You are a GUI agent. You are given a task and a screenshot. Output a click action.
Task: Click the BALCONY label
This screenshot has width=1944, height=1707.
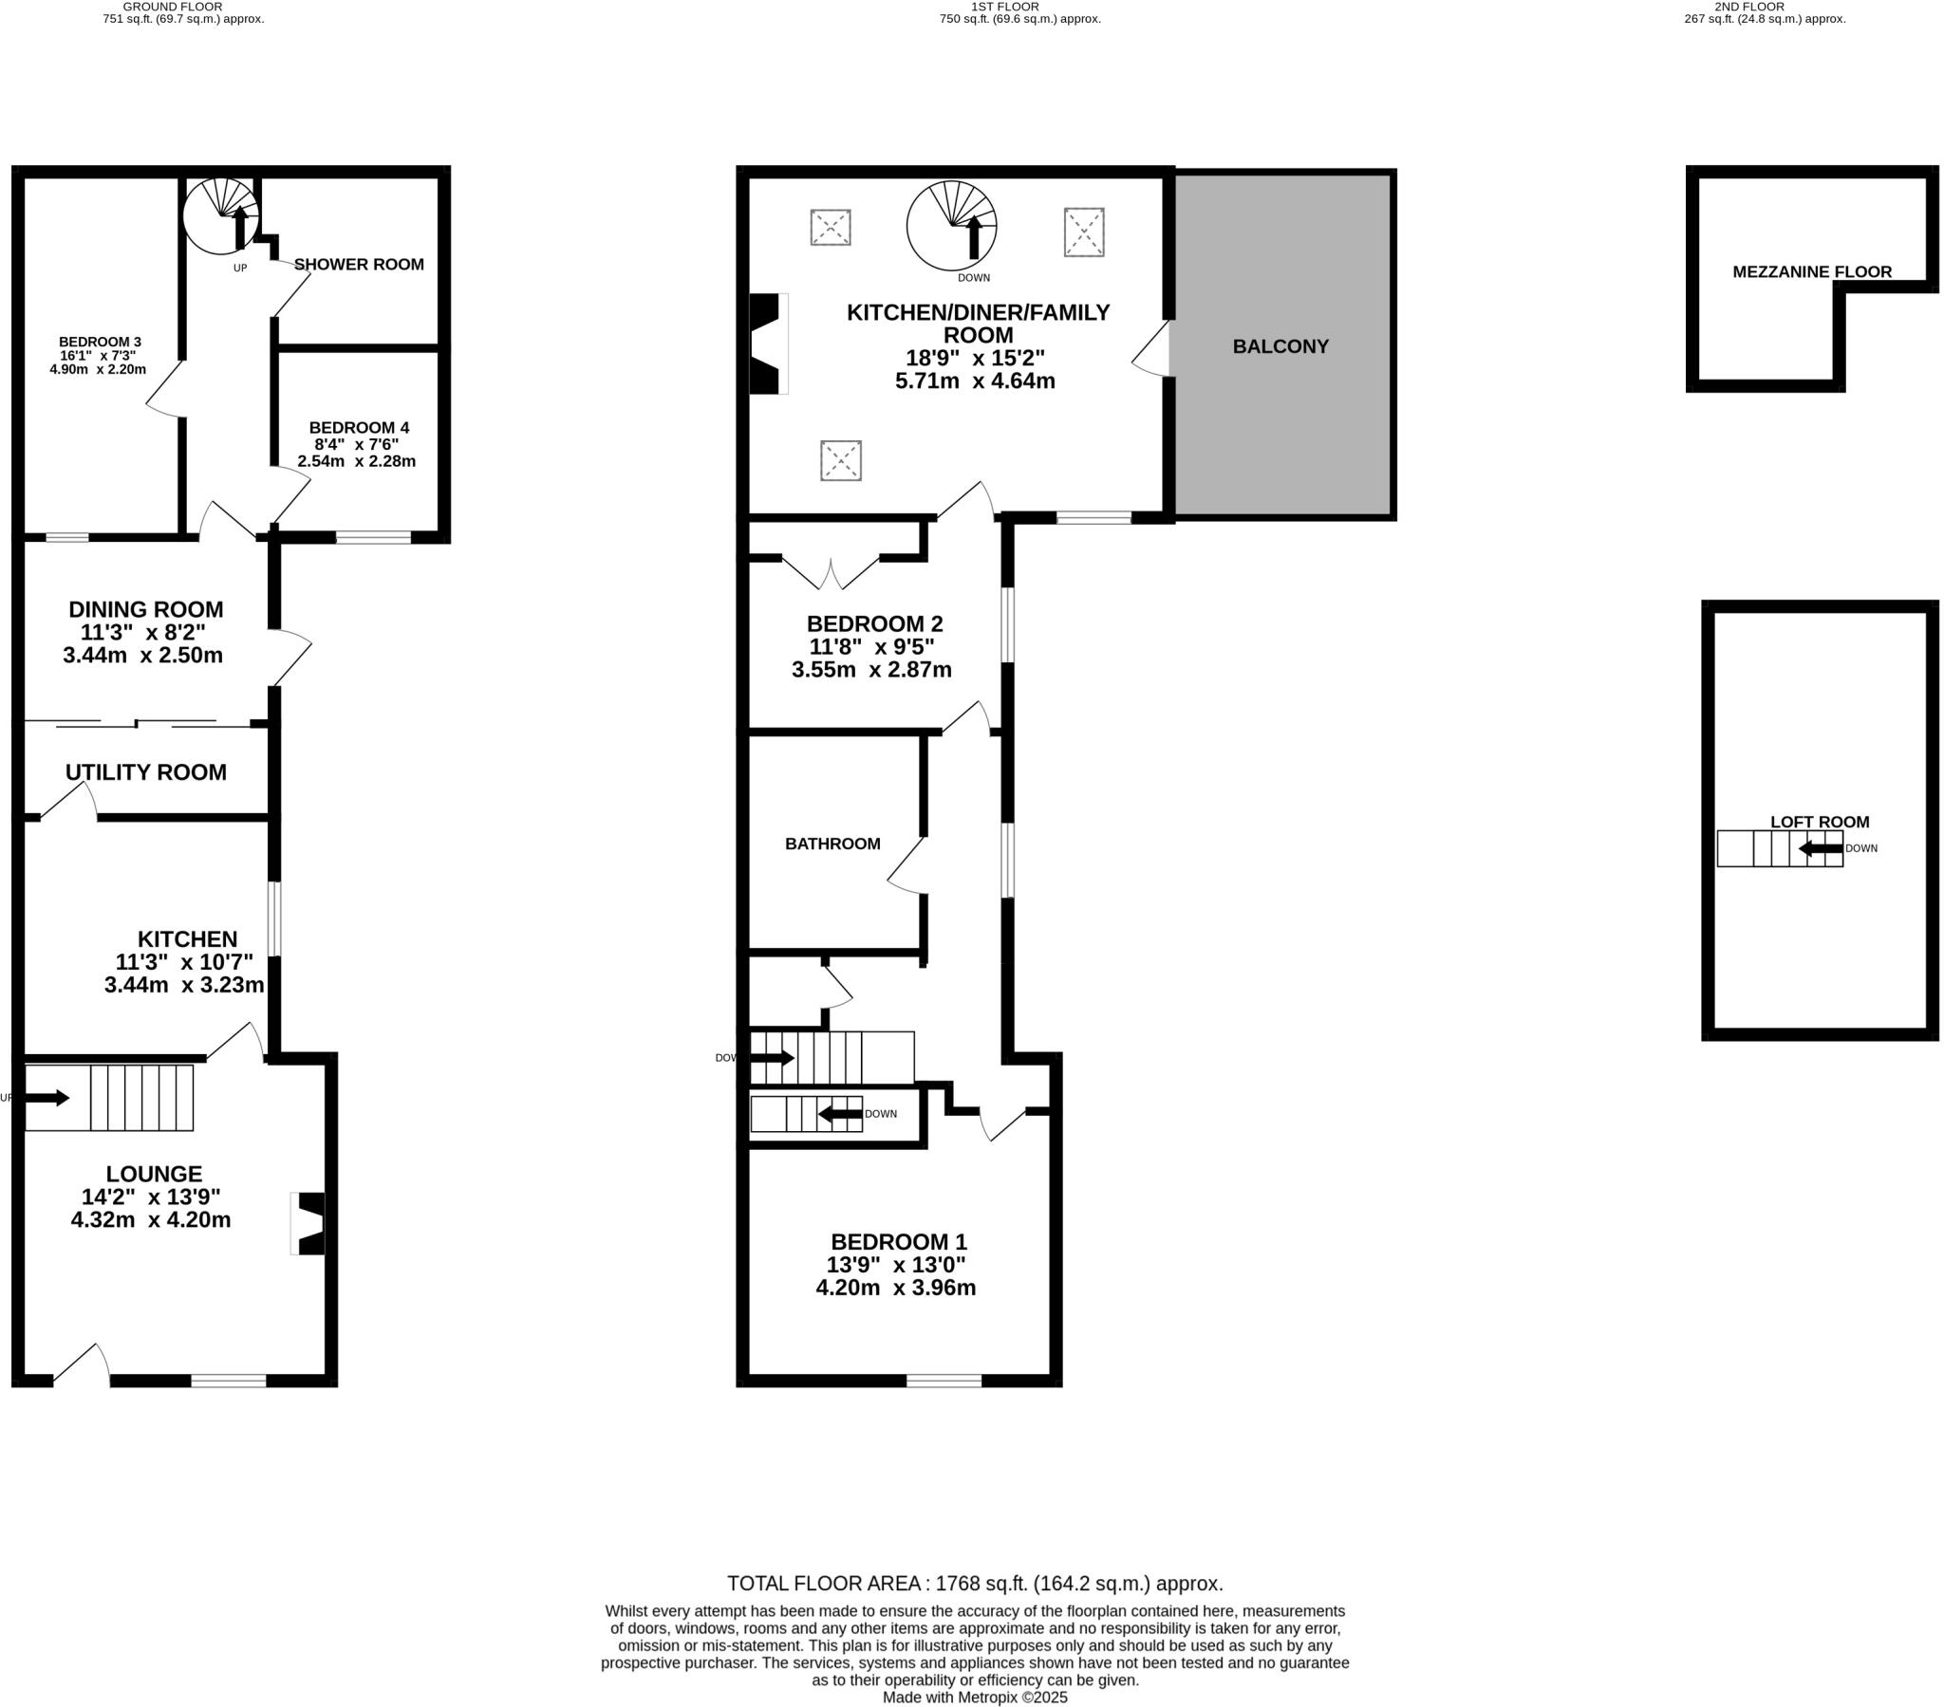(1280, 346)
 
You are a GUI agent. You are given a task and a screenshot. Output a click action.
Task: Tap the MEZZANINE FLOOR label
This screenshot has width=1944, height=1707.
(1812, 272)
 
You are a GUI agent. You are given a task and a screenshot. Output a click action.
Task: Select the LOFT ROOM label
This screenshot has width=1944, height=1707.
(1820, 822)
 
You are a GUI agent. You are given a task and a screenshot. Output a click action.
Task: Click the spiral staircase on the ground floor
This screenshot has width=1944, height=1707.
(221, 215)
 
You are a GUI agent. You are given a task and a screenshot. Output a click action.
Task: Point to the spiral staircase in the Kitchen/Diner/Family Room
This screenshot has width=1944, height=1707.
(952, 227)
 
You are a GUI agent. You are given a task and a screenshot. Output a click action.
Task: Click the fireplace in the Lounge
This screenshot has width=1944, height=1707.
(309, 1224)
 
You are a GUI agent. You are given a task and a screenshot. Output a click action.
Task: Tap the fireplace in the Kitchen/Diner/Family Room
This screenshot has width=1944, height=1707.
(767, 343)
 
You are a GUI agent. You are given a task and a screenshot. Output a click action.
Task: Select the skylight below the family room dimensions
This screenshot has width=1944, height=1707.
(841, 460)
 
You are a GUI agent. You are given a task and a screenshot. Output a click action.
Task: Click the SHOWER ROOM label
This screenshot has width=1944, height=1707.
(359, 265)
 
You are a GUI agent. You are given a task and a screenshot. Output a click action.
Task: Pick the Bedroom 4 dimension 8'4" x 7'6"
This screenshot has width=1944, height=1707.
(357, 444)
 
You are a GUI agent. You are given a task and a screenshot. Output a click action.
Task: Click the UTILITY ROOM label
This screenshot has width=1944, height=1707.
(145, 772)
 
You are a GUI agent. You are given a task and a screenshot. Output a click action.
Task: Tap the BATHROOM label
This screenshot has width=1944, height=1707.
(832, 844)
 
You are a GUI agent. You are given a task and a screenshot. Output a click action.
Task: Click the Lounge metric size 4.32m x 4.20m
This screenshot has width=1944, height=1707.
(150, 1219)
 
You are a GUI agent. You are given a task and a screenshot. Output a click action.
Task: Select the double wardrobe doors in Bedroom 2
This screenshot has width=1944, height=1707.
(831, 573)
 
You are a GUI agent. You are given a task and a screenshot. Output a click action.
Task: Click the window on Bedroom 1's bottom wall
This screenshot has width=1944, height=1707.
(944, 1381)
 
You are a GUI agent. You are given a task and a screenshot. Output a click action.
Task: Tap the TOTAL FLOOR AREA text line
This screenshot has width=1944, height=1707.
(975, 1584)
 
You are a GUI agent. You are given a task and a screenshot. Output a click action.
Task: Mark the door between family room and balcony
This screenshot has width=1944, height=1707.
(1153, 349)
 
